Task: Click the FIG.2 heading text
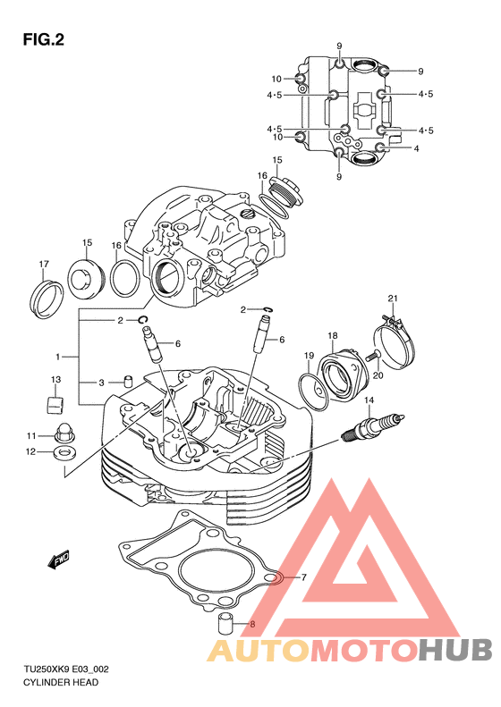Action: pyautogui.click(x=43, y=40)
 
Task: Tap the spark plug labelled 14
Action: pyautogui.click(x=372, y=426)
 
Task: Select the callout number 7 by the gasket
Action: pyautogui.click(x=304, y=577)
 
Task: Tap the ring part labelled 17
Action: pyautogui.click(x=47, y=299)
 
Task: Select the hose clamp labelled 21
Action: pyautogui.click(x=395, y=341)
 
